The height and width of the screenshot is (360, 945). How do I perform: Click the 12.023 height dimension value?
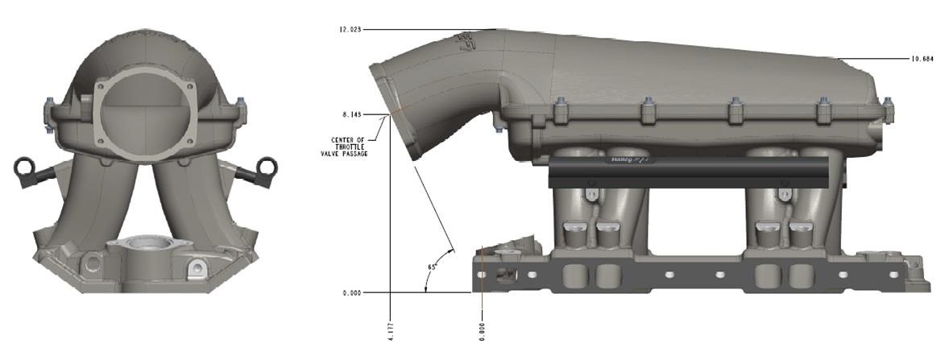pyautogui.click(x=352, y=30)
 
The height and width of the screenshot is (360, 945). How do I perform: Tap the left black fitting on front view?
pyautogui.click(x=24, y=168)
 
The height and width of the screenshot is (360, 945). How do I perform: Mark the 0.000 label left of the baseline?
pyautogui.click(x=351, y=292)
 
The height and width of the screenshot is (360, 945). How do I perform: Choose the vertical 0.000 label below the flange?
pyautogui.click(x=482, y=330)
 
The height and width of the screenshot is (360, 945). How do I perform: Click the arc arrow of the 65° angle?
pyautogui.click(x=427, y=278)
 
